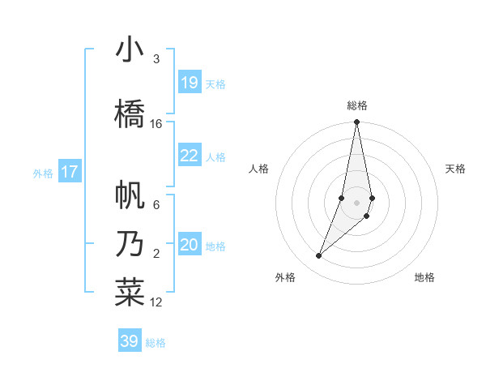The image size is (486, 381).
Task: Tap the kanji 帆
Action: click(x=130, y=195)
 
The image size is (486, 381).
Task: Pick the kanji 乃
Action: click(x=130, y=244)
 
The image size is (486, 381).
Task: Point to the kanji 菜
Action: click(x=130, y=293)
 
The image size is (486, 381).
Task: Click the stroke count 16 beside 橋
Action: click(x=156, y=124)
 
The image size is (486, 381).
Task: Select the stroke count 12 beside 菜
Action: click(x=156, y=302)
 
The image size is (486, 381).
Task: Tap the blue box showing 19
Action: click(x=190, y=83)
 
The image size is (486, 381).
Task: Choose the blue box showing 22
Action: click(x=190, y=156)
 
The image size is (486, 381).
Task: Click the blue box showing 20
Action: click(x=190, y=245)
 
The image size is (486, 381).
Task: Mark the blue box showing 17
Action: click(x=70, y=172)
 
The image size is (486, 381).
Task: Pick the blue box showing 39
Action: click(x=130, y=341)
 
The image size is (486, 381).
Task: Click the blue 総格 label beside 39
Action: click(x=156, y=343)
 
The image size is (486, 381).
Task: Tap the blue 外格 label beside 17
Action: click(x=43, y=173)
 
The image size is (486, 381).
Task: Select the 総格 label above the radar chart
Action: click(x=357, y=105)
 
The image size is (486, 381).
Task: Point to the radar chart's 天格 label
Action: click(x=455, y=169)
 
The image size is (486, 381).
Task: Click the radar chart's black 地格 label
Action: click(x=424, y=277)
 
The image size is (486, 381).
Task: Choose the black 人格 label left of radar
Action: click(x=259, y=169)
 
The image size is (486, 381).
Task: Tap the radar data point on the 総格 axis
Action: click(x=356, y=122)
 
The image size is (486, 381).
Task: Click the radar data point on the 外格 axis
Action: click(x=318, y=256)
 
